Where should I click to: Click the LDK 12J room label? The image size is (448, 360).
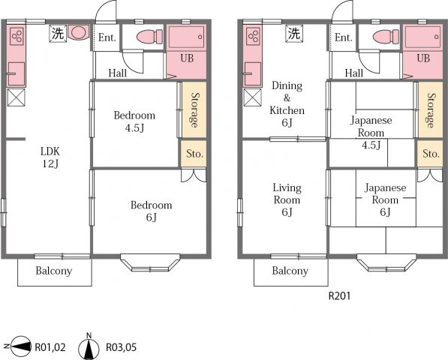pos(50,157)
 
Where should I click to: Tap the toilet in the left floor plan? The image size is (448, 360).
pos(150,37)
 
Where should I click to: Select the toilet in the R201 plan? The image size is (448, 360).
pos(386,37)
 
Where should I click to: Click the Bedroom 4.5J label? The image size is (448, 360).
pos(134,121)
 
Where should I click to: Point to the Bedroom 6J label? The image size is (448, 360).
pos(151,211)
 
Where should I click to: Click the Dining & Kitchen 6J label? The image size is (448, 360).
pos(287,104)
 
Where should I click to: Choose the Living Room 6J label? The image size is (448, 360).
pos(287,199)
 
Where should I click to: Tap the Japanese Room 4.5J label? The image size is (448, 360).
pos(371,133)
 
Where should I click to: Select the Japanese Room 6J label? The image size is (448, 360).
pos(385,199)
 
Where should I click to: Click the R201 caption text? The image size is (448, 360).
pos(339,296)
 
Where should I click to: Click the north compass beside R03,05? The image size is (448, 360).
pos(89,346)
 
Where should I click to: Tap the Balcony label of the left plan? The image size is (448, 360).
pos(54,271)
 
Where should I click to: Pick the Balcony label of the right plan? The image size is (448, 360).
pos(290,271)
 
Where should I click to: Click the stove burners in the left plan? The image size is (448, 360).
pos(17,36)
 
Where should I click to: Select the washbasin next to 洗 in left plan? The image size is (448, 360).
pos(78,32)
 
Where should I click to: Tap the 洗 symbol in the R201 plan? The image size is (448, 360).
pos(294,34)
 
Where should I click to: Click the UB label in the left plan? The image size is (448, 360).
pos(187,58)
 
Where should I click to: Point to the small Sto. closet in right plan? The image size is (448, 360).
pos(430,153)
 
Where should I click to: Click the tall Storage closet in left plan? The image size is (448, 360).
pos(194,109)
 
